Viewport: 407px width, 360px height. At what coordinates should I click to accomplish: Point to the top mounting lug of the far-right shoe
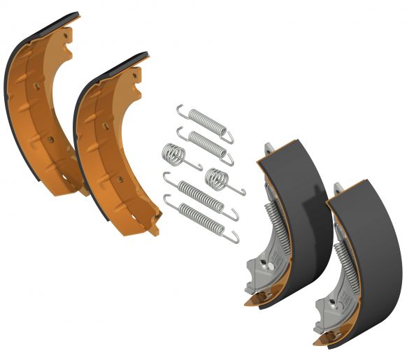338,188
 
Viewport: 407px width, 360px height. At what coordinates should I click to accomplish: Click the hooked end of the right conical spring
240,192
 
